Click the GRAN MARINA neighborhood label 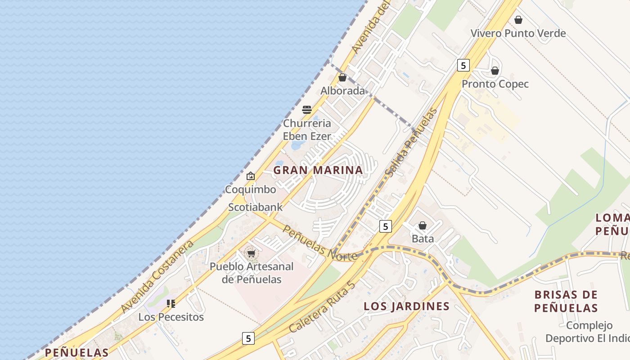[318, 170]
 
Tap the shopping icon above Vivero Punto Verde [518, 20]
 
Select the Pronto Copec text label [495, 84]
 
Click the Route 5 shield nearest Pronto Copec [463, 65]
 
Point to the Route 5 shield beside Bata [385, 226]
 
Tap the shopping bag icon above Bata [423, 225]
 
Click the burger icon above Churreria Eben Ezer [307, 109]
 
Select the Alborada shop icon [342, 77]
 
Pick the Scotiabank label [255, 207]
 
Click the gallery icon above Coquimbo [251, 176]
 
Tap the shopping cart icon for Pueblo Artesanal [251, 253]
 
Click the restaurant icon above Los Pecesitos [171, 304]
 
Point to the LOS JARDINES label [406, 306]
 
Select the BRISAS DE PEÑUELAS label [566, 301]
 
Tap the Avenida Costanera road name [157, 276]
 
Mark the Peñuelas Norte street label [320, 243]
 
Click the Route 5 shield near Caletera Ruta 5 [248, 338]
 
